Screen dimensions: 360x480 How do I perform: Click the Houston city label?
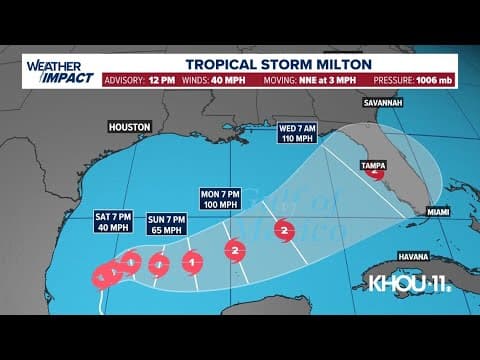(130, 127)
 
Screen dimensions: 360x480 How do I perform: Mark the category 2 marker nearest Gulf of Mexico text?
(284, 231)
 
